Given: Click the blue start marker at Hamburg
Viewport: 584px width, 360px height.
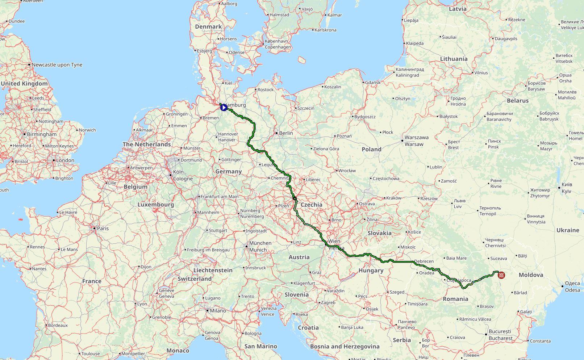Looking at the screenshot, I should click(224, 107).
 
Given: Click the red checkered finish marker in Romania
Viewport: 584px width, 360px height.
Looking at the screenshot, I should click(501, 275).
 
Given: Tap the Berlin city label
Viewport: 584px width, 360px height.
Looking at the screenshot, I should click(286, 133).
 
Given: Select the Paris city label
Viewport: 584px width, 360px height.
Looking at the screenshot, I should click(103, 228).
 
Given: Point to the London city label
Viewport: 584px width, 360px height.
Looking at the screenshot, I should click(65, 160).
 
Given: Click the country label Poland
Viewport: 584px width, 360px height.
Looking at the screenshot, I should click(371, 149).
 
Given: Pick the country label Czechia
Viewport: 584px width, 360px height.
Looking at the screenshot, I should click(311, 205).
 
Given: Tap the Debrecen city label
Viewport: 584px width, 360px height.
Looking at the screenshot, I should click(424, 261).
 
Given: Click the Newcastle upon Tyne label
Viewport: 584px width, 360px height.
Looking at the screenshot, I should click(57, 65).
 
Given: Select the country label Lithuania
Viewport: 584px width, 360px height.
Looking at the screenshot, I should click(454, 59).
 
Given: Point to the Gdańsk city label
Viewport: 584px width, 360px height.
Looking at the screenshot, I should click(373, 83).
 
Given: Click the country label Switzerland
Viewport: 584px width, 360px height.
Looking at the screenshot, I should click(195, 279).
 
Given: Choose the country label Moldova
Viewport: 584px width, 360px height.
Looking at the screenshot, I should click(531, 275).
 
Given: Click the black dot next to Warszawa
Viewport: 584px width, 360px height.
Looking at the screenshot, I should click(402, 141).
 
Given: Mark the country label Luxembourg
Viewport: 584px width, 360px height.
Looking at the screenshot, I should click(155, 205).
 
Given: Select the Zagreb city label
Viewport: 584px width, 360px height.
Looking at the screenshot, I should click(328, 302).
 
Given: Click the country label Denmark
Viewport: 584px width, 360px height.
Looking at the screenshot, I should click(208, 26).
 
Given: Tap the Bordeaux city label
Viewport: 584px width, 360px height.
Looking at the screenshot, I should click(58, 325).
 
